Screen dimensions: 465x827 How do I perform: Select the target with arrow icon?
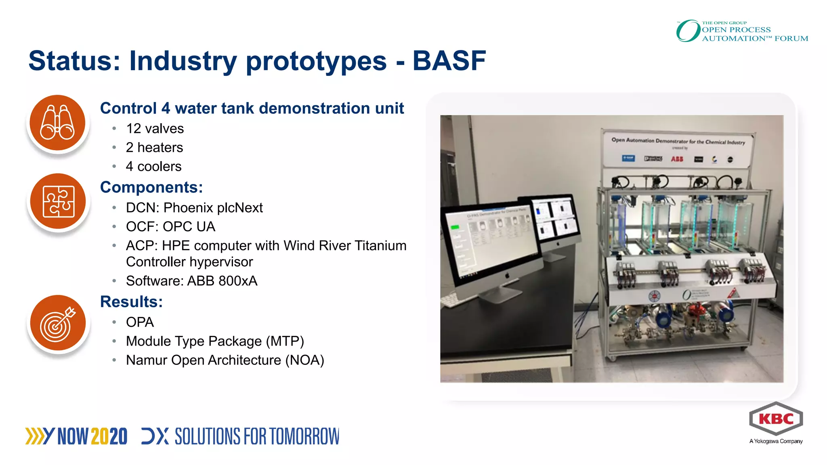(58, 323)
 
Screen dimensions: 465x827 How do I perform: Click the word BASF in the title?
(449, 61)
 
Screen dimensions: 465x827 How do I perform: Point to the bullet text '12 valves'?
(155, 129)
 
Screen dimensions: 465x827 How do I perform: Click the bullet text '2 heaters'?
(154, 148)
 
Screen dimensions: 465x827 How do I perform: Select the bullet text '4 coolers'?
(153, 167)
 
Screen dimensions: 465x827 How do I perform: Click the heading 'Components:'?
(151, 187)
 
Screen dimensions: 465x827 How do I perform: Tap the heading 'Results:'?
(131, 302)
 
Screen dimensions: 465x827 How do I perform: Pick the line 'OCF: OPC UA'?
(170, 227)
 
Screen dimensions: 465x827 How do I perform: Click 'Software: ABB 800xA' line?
(191, 281)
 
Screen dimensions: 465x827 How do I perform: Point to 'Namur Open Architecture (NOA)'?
(225, 360)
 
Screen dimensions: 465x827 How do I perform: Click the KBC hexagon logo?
(776, 419)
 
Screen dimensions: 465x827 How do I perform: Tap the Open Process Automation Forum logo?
(742, 31)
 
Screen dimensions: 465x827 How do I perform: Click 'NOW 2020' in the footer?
(92, 437)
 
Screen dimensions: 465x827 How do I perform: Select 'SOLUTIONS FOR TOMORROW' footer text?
(257, 437)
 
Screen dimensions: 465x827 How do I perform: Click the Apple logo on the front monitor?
(507, 276)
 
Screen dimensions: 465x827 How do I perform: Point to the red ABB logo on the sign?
(677, 159)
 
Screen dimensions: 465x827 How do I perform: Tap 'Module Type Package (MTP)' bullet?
(215, 341)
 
